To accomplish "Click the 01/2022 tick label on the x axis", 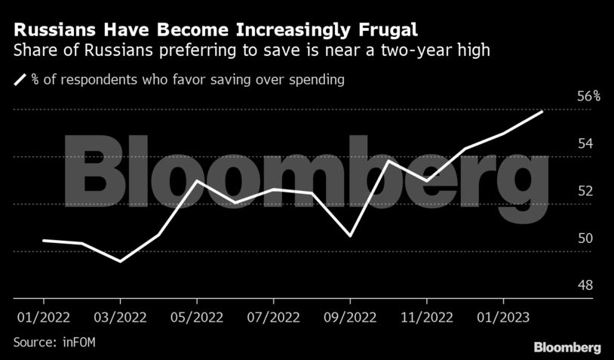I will click(42, 315).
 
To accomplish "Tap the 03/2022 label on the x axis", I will click(120, 315).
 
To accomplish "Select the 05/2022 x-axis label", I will click(196, 315).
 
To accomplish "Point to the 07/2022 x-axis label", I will click(273, 315).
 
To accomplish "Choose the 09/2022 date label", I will click(350, 315).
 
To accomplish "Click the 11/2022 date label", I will click(426, 315).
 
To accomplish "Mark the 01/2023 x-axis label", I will click(502, 315).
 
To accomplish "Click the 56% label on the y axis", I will click(588, 97).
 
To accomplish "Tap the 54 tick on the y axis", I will click(584, 143).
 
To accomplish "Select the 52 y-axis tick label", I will click(584, 191).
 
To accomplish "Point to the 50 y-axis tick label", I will click(584, 238).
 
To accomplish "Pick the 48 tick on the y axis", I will click(584, 286).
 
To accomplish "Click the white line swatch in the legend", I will click(20, 79).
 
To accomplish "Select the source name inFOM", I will click(78, 343).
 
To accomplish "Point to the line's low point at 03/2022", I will click(120, 261).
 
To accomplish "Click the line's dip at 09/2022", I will click(350, 236).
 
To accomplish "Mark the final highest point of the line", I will click(542, 112).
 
